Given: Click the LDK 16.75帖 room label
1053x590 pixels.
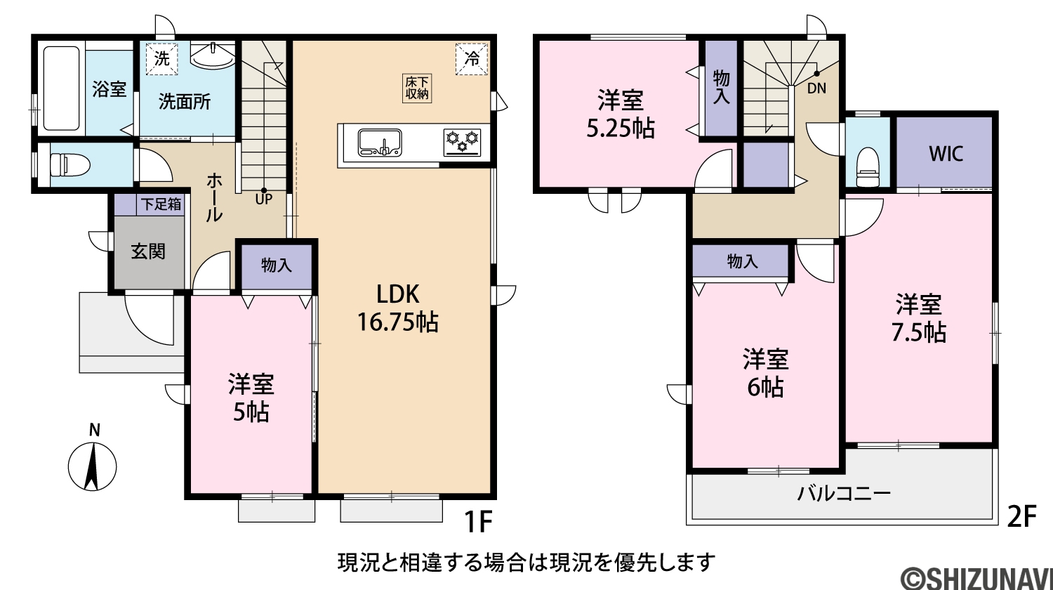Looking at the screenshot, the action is (398, 308).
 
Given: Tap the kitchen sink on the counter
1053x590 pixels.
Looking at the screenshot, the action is (380, 142).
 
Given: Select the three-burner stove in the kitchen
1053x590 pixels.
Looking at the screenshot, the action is (463, 142).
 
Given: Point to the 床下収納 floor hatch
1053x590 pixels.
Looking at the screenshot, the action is (417, 88).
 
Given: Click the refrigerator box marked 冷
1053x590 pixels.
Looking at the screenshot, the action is (472, 59).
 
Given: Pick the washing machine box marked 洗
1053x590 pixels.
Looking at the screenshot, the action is (161, 59).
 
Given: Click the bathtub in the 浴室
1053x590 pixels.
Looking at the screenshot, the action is (62, 88).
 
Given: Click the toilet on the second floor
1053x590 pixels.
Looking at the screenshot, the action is (867, 167).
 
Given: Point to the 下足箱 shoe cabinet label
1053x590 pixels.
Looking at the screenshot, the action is (161, 204).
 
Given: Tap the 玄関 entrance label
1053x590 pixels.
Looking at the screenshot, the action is (148, 251).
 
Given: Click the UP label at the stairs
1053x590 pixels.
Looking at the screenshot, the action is (264, 199).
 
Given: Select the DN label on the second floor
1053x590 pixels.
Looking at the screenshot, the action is (816, 88).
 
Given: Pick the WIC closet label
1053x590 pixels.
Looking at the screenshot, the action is (946, 154).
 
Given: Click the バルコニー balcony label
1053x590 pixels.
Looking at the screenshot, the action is (844, 494).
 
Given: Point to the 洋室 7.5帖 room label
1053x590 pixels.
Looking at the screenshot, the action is (918, 318).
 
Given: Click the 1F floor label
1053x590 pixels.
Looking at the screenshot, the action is (478, 521).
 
